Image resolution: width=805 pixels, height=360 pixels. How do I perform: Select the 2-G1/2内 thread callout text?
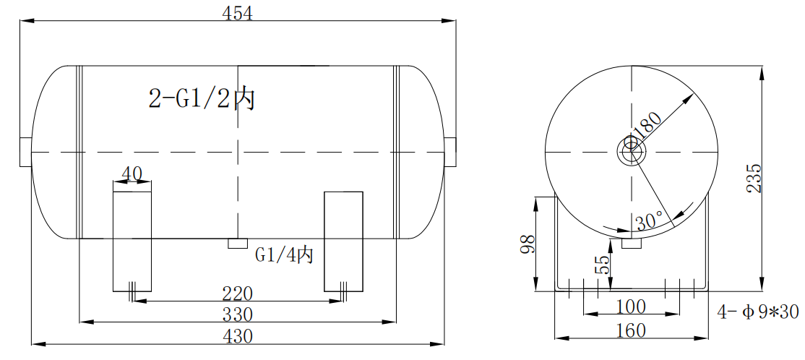(202, 98)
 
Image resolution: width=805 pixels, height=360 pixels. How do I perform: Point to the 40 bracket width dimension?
(132, 173)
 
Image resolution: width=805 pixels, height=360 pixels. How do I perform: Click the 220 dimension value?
(237, 293)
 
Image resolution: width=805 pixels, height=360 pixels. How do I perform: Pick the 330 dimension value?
(237, 314)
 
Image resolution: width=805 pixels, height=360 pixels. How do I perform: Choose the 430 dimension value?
(237, 335)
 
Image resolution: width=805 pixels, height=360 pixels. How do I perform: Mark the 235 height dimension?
(754, 178)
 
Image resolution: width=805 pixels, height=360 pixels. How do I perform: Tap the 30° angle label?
(649, 222)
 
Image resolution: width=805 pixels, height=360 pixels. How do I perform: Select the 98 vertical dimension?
(527, 246)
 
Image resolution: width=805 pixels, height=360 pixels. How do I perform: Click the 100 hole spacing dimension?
(631, 307)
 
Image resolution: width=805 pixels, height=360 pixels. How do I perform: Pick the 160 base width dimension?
(631, 330)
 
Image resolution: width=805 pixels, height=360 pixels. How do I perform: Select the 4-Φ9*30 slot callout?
(757, 312)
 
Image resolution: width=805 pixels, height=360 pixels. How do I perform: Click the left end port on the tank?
(25, 151)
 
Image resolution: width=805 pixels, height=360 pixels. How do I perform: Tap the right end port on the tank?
(450, 151)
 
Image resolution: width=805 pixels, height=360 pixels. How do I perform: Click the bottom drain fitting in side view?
(238, 244)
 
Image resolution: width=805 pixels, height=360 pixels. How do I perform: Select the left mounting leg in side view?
(132, 241)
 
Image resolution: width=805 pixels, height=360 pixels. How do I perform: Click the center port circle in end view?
(632, 152)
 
